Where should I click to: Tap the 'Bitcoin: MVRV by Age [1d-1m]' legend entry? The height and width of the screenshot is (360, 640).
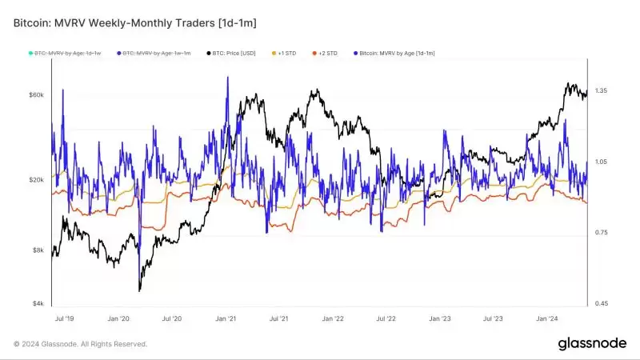[x=394, y=53]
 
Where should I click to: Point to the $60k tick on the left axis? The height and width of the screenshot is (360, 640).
[x=37, y=95]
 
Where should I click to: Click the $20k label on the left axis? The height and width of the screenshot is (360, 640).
[x=37, y=180]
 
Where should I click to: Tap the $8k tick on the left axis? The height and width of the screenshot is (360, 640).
[x=38, y=250]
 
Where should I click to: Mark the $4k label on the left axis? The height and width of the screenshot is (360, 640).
[x=38, y=304]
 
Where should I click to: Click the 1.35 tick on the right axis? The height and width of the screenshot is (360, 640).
[x=601, y=91]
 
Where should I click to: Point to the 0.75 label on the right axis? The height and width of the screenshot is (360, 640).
[x=601, y=233]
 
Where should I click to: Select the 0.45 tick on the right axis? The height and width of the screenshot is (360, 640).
[x=601, y=304]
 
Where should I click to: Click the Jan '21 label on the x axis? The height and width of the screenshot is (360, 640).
[x=225, y=318]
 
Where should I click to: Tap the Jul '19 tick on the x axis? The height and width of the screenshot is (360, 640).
[x=64, y=318]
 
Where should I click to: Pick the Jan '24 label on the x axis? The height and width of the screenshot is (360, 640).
[x=547, y=318]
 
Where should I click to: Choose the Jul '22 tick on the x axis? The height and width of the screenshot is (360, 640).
[x=386, y=318]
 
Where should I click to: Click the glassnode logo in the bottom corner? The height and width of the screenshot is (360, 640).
[x=591, y=343]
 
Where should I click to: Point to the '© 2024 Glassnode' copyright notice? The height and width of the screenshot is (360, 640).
[x=80, y=344]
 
